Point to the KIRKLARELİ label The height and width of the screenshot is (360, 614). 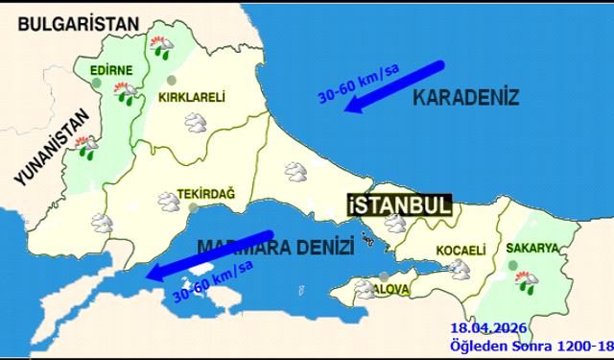point(191,97)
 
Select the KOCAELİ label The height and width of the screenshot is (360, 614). point(462,250)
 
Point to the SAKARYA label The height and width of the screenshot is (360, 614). point(531,248)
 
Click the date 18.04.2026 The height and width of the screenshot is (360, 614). point(484,328)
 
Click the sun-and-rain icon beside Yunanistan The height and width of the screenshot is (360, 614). point(89,148)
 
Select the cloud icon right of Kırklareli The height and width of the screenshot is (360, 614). point(197,123)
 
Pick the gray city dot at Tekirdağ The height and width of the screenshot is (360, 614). point(192,206)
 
